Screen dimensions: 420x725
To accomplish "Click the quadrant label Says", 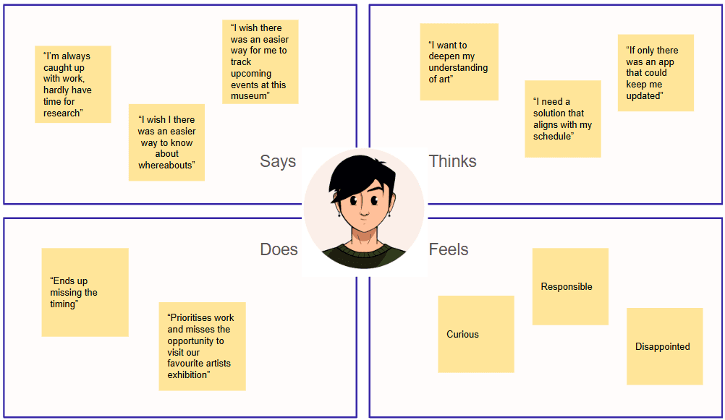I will tap(278, 161).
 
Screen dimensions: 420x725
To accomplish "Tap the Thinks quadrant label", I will tap(453, 161).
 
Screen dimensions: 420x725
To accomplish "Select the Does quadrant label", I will tap(279, 249).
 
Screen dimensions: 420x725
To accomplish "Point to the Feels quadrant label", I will tap(449, 249).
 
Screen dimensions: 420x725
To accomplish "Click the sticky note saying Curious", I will tap(475, 334).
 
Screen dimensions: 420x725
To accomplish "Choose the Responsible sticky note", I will tap(570, 287).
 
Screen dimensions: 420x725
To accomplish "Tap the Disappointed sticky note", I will tap(664, 346).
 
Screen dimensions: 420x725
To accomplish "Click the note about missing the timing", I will tap(85, 292).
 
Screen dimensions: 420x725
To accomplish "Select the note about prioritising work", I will tap(202, 346).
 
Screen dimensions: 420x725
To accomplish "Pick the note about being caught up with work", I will tap(72, 85).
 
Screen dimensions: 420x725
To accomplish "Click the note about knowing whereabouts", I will tap(166, 142).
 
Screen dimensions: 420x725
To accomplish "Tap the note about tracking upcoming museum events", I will tap(260, 62).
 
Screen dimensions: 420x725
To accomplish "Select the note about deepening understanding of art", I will tap(459, 62).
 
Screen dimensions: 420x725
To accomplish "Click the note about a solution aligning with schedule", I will tap(563, 119).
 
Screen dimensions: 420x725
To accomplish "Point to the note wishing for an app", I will tap(656, 73).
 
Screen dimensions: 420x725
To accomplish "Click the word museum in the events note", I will tap(249, 96).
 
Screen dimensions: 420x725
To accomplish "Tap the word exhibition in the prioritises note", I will tap(187, 374).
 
